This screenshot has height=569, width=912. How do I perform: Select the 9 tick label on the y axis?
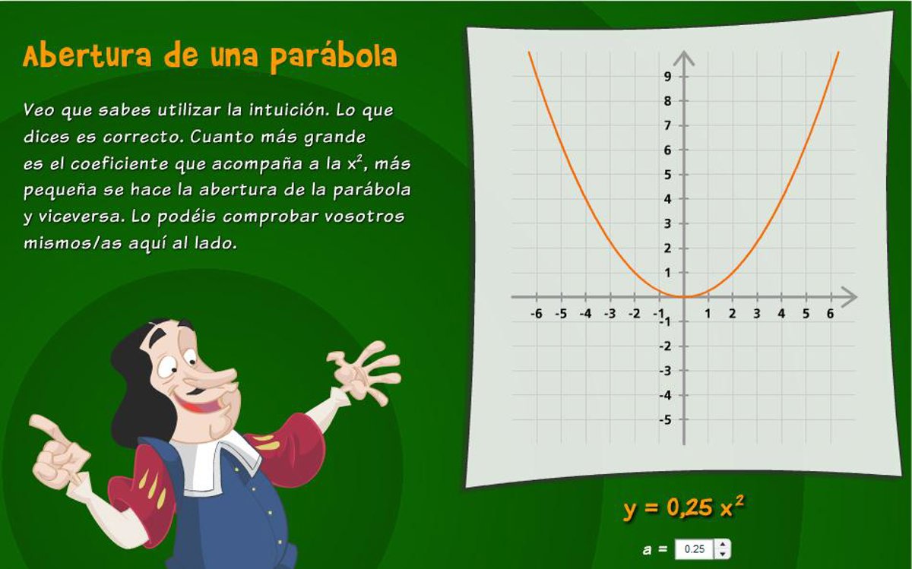point(667,76)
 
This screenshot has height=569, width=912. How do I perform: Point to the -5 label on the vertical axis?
point(665,419)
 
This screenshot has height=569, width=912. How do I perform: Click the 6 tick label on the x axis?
point(830,314)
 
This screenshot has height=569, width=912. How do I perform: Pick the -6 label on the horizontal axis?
point(537,314)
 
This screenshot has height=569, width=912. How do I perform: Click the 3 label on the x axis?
point(756,314)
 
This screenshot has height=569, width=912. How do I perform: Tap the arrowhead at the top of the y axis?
point(684,58)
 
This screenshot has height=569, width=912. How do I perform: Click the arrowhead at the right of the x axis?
point(850,297)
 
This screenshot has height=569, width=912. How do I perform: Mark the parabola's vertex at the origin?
point(684,297)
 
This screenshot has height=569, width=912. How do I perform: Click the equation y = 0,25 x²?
point(683,507)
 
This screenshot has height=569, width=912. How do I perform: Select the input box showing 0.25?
point(694,549)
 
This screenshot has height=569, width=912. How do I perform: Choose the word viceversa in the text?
point(81,216)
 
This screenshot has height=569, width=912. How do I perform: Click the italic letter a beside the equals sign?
point(647,550)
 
